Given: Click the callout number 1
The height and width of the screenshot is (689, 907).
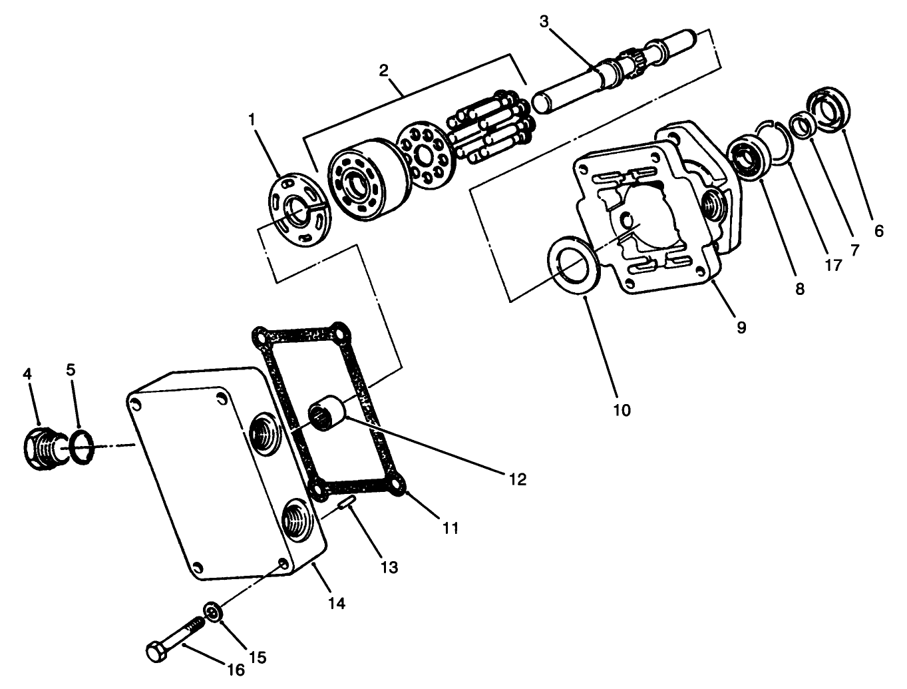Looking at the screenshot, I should click(252, 119).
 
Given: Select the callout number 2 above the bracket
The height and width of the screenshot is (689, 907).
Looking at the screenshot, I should click(383, 70).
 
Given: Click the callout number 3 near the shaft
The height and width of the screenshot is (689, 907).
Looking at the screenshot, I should click(544, 21).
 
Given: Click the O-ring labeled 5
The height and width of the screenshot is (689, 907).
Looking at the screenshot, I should click(79, 447).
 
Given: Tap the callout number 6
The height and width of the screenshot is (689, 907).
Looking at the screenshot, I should click(878, 231).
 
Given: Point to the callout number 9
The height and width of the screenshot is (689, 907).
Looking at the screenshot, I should click(741, 327).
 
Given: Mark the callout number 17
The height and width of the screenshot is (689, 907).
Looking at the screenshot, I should click(833, 264).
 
